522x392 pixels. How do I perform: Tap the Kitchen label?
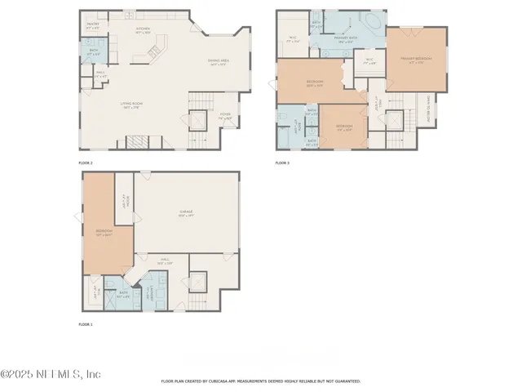click(x=144, y=30)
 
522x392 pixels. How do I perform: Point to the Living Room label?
click(x=132, y=105)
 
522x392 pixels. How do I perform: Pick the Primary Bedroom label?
click(x=414, y=60)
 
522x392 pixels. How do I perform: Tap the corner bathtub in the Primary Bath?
click(x=373, y=20)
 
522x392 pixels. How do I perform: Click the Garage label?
click(x=186, y=214)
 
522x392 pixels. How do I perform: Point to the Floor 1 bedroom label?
click(x=102, y=233)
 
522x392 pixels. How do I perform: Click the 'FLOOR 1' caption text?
click(x=86, y=325)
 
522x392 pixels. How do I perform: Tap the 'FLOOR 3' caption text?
click(x=282, y=163)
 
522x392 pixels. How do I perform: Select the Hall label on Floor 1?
click(x=164, y=261)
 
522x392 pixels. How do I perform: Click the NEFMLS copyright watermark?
click(x=51, y=374)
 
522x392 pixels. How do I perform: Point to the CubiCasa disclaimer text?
click(x=260, y=381)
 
